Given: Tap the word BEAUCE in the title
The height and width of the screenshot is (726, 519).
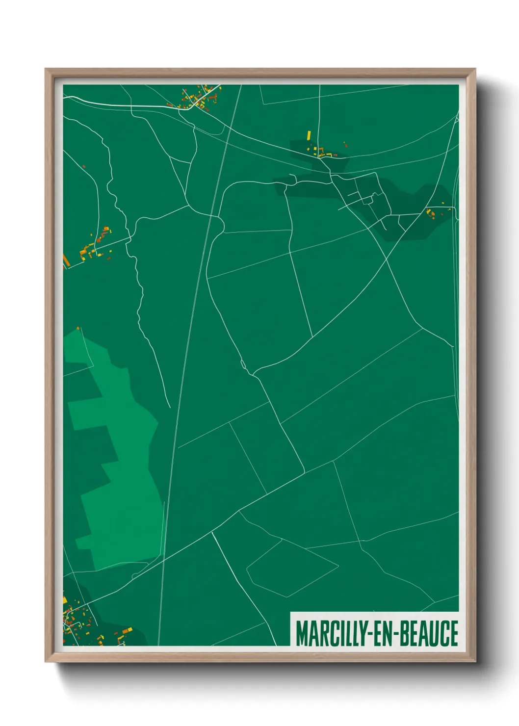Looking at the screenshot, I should (x=429, y=633).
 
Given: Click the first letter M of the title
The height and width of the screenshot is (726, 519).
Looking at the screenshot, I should (x=301, y=633).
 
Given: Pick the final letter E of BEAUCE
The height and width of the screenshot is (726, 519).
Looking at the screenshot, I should (x=454, y=633).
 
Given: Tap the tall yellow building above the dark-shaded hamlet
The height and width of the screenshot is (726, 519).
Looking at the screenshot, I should (x=309, y=135).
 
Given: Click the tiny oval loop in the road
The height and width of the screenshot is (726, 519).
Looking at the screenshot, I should (x=243, y=364).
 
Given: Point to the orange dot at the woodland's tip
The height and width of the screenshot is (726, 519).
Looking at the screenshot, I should (x=78, y=328).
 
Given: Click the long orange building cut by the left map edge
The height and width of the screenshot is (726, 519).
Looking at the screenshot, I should (x=66, y=259).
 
